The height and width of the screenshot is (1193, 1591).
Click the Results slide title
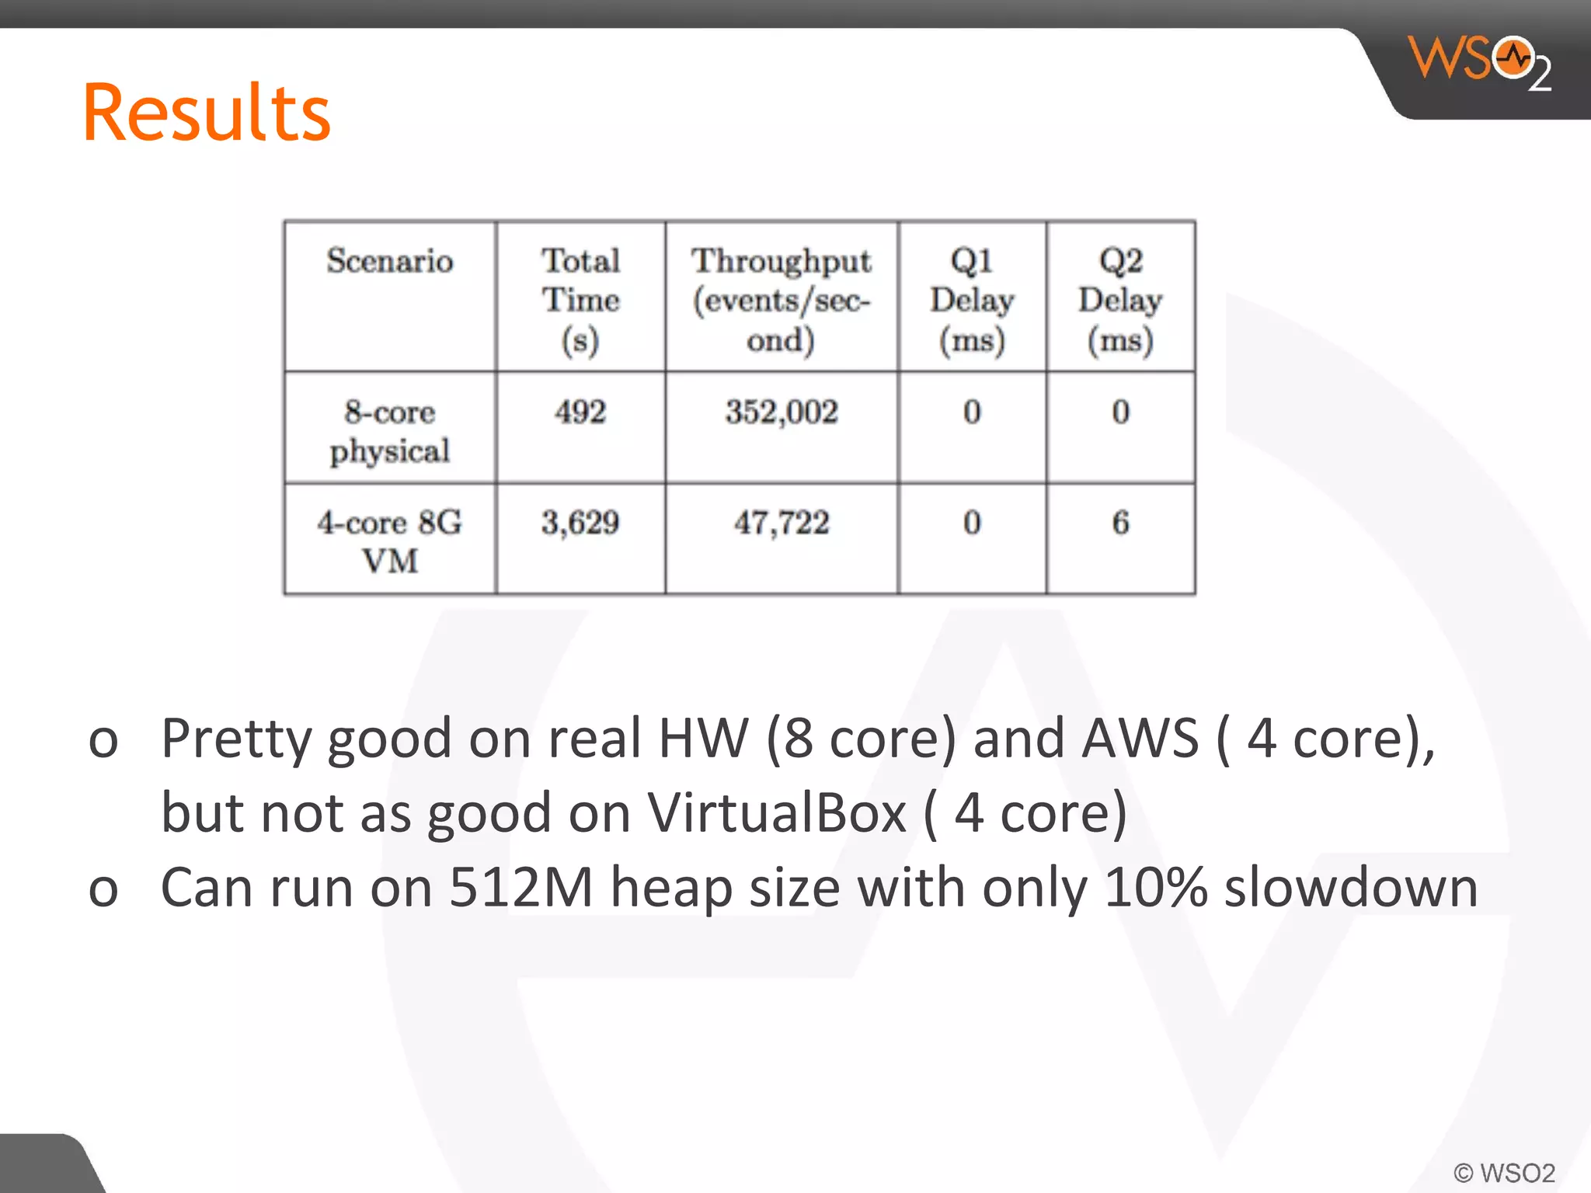click(207, 113)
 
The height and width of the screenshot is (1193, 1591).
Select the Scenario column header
click(389, 261)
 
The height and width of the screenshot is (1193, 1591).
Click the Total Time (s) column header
click(580, 300)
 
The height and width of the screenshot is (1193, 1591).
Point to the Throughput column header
click(782, 300)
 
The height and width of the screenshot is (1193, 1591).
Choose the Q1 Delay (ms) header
click(972, 300)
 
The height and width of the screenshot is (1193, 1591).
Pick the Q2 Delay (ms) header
click(1120, 300)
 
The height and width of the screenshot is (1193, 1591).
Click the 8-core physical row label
click(389, 431)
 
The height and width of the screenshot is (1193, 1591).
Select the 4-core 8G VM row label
click(389, 541)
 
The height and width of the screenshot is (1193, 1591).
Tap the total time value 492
click(580, 412)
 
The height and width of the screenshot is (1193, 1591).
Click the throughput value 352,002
click(782, 412)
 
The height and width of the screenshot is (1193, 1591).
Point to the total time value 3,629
click(580, 523)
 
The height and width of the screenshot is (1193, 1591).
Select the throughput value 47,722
click(782, 523)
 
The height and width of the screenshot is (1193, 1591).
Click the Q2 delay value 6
click(1120, 523)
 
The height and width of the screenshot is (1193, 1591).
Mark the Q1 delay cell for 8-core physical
click(972, 412)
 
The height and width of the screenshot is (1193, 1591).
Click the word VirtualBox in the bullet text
click(777, 813)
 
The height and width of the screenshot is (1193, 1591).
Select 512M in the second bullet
click(521, 888)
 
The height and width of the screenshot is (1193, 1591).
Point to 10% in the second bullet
click(1155, 888)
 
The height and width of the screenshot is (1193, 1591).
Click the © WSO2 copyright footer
click(1504, 1172)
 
